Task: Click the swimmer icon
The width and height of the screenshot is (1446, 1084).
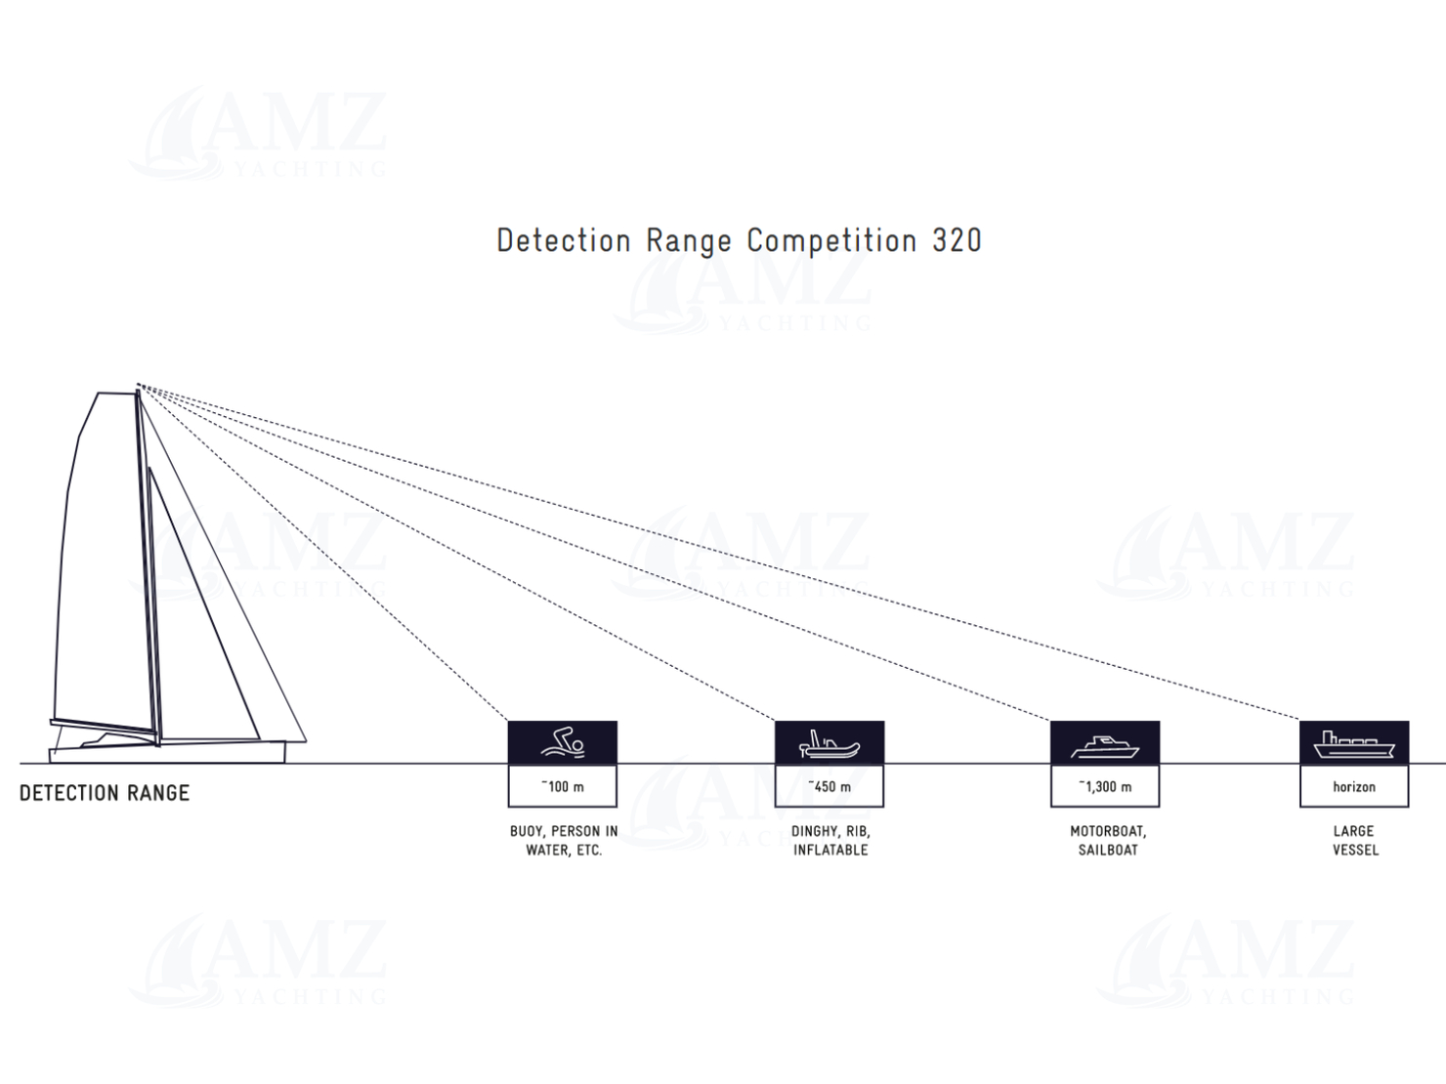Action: click(563, 743)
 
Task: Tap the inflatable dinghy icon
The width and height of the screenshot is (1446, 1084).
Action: click(829, 743)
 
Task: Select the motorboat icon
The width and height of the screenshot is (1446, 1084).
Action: click(1105, 745)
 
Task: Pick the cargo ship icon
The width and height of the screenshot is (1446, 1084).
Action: click(1354, 744)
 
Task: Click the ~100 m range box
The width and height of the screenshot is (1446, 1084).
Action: click(563, 786)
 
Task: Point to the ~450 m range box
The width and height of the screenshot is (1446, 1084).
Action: click(829, 786)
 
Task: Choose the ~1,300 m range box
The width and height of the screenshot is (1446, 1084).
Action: click(1105, 786)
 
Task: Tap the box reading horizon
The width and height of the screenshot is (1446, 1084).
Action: click(1354, 786)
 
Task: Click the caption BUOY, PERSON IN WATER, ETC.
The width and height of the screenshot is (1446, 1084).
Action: click(564, 841)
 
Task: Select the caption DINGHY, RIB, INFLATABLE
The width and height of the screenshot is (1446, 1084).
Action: click(830, 841)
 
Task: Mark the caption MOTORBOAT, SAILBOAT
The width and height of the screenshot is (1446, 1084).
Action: click(1108, 841)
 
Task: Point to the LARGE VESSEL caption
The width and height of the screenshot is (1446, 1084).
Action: click(1355, 841)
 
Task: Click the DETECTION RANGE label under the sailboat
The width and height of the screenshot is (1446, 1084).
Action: click(105, 793)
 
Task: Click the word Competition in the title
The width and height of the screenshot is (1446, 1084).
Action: click(831, 240)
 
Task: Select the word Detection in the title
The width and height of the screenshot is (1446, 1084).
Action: click(564, 240)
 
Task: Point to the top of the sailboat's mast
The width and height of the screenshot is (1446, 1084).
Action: click(138, 387)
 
